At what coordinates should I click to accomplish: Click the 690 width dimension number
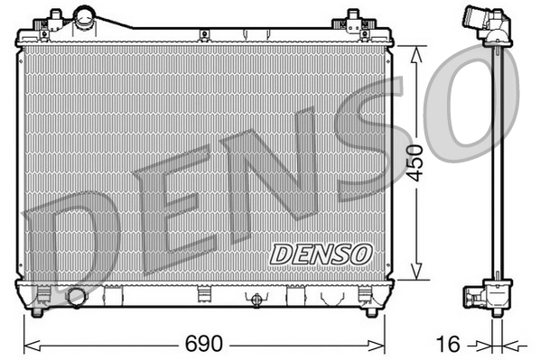click(x=203, y=344)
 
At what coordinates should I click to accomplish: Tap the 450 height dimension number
click(x=414, y=162)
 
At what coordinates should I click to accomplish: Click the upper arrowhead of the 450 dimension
click(x=415, y=51)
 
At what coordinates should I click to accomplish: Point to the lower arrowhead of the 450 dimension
click(x=415, y=274)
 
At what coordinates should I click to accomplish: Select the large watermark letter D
click(x=68, y=242)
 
